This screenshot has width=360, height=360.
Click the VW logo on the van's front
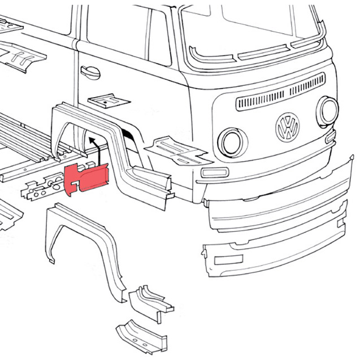coord(288,127)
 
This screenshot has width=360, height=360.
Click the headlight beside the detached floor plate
coord(231,141)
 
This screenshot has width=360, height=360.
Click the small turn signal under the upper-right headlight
coord(331,136)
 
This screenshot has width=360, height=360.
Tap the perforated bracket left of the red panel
coord(42,186)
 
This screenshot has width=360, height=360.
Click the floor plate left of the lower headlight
coord(175,148)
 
